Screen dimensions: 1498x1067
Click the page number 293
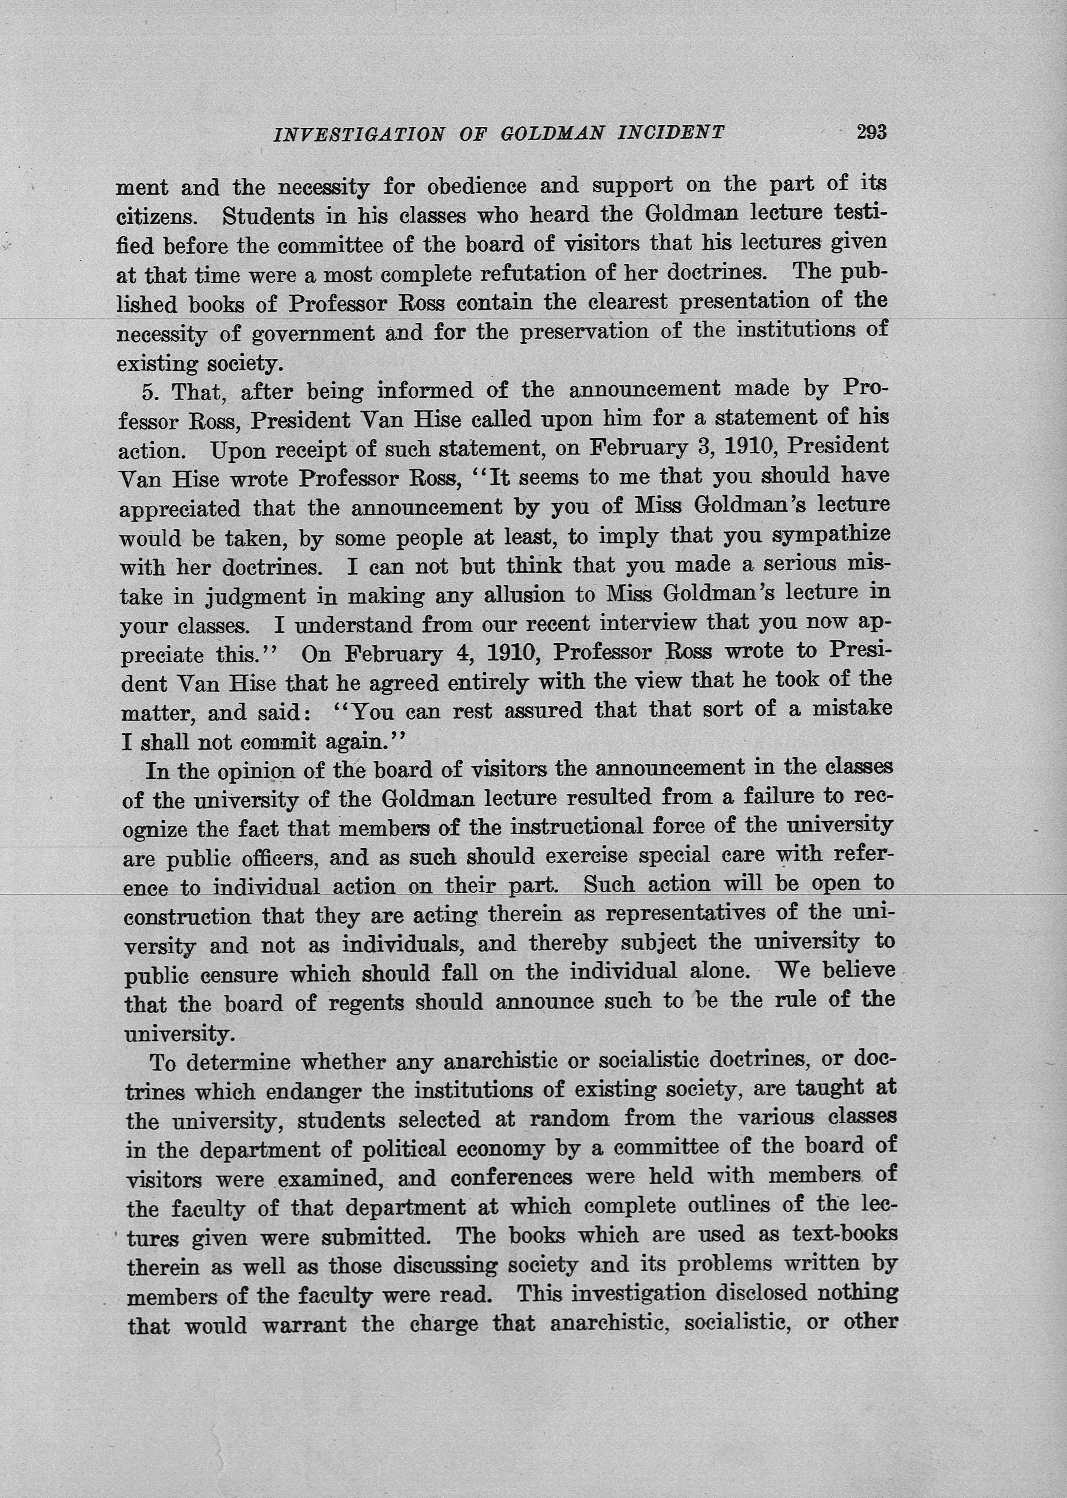tap(871, 132)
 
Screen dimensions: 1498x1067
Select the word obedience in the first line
tap(476, 187)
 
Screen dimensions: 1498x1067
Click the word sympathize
tap(831, 536)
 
